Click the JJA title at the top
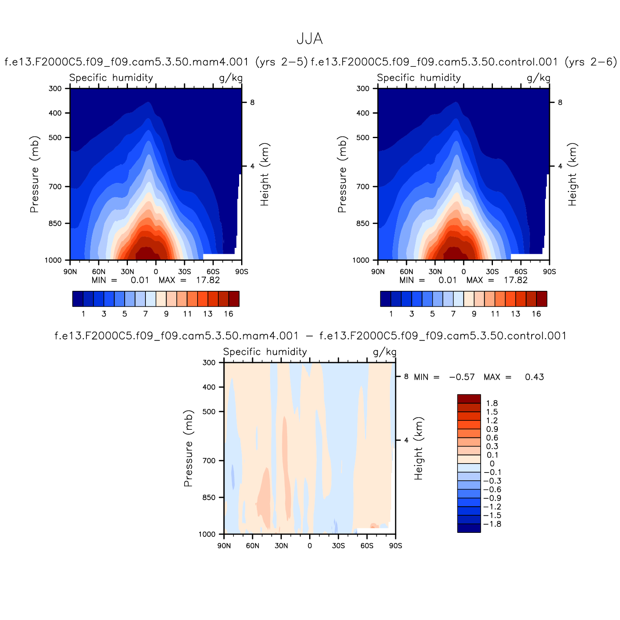point(310,39)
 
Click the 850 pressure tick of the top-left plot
point(55,224)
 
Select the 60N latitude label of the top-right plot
point(407,272)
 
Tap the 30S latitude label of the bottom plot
point(338,546)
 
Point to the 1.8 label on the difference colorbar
point(492,403)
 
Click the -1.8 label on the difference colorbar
point(492,524)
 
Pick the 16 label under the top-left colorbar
point(229,314)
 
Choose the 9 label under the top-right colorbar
point(474,314)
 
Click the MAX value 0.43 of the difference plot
point(534,377)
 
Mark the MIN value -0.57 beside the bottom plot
point(462,377)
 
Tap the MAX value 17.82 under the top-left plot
point(208,280)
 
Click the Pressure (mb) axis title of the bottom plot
point(188,448)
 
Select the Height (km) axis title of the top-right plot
point(573,174)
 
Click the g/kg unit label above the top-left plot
point(231,78)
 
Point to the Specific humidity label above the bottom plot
point(265,352)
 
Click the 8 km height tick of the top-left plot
point(252,103)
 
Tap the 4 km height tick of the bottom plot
point(406,440)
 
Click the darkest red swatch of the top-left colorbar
point(234,299)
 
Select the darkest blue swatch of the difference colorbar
point(469,528)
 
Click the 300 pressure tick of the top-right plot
point(363,88)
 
